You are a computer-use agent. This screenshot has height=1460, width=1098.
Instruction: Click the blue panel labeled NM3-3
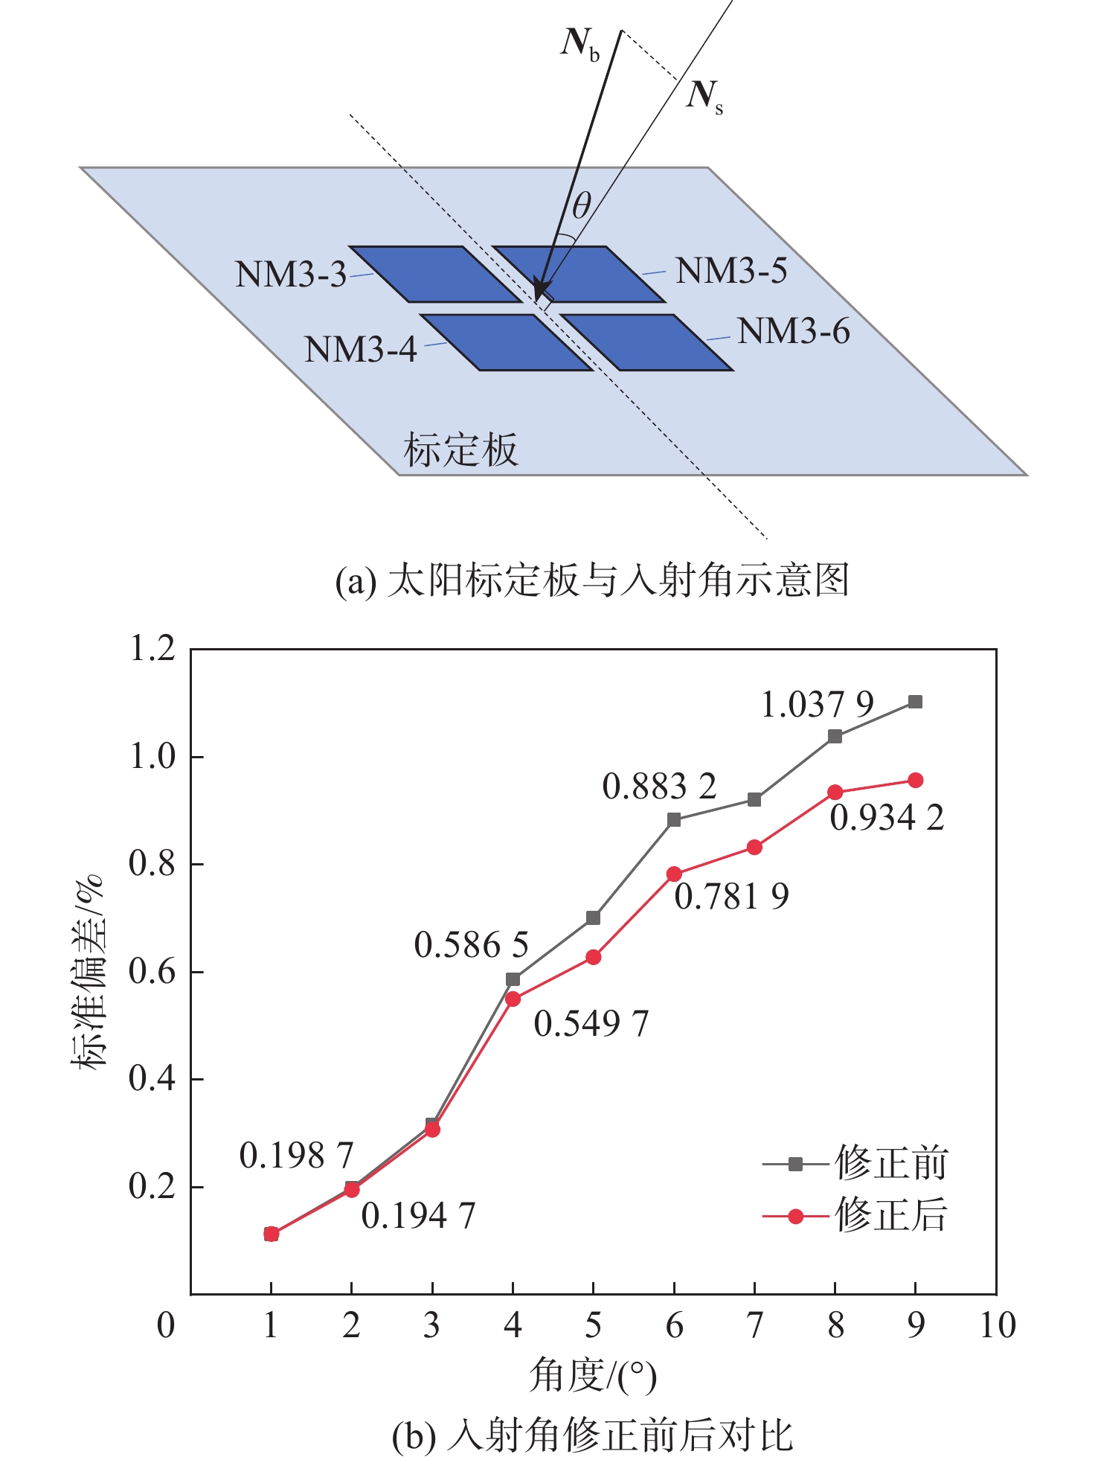(x=435, y=274)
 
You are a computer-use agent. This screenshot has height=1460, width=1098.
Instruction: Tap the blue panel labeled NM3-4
(x=506, y=342)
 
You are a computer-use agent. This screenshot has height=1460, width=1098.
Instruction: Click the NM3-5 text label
(x=731, y=271)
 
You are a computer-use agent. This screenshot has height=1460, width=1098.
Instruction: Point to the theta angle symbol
(x=581, y=206)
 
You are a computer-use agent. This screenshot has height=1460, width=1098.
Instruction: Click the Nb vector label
(x=579, y=44)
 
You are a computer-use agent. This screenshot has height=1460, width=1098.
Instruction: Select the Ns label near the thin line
(x=704, y=96)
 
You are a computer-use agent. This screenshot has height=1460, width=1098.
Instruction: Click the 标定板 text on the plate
(x=460, y=450)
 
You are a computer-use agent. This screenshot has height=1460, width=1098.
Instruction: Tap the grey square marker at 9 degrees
(x=916, y=702)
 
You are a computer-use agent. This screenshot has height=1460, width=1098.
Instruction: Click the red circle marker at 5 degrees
(x=593, y=957)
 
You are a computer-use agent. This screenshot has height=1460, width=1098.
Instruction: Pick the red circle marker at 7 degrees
(x=754, y=847)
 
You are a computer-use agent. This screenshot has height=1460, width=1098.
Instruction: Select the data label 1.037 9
(x=817, y=705)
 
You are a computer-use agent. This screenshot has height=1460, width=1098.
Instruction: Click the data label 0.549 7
(x=591, y=1024)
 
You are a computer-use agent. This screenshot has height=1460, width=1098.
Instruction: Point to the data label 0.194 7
(x=418, y=1217)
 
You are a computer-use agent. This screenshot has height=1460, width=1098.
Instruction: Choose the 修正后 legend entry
(x=855, y=1217)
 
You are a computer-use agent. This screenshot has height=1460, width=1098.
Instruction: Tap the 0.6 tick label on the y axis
(x=152, y=972)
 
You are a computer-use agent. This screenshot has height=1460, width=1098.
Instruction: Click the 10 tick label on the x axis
(x=997, y=1325)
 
